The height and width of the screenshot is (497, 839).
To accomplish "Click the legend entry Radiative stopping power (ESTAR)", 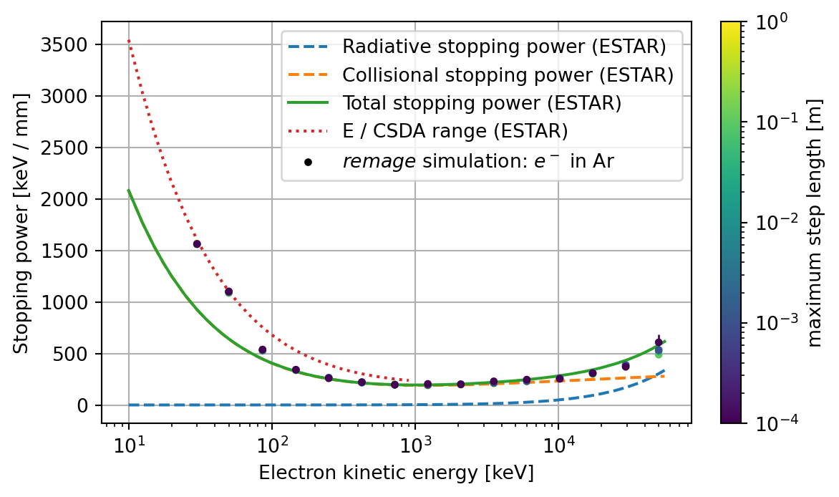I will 504,48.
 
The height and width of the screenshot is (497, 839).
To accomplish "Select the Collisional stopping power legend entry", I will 508,75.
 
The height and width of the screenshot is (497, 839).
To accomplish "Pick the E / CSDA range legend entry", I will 455,131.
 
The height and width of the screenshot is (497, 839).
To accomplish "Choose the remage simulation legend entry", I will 477,161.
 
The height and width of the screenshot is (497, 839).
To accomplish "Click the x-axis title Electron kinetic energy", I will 396,473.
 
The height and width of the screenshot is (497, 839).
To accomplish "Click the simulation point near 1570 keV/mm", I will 197,244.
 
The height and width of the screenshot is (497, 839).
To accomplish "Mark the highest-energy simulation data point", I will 659,342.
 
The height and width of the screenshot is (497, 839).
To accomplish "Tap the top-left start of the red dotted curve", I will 129,41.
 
